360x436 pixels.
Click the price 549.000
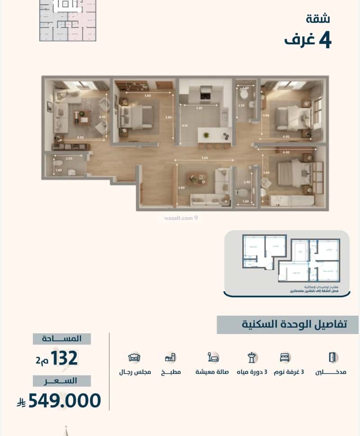64,400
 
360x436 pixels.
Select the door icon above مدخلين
333,357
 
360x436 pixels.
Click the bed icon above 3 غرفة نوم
284,358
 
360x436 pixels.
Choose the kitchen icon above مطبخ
170,358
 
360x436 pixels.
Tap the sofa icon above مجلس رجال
134,358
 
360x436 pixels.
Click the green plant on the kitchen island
206,135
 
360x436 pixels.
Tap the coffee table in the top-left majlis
81,117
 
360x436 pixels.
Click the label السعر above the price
62,381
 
